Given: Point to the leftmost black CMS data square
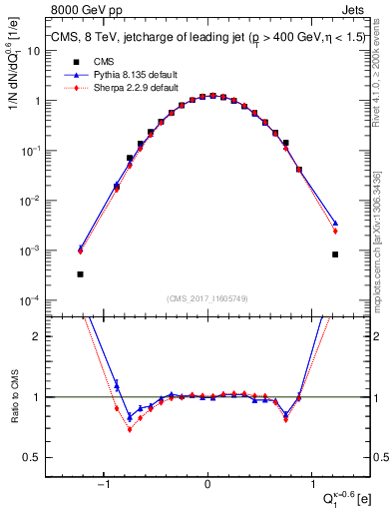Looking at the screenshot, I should coord(80,273).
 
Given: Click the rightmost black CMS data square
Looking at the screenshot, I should coord(335,255).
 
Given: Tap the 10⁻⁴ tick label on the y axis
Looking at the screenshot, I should coord(39,300).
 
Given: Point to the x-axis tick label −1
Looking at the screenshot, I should coord(103,486).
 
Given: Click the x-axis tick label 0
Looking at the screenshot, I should coord(207,486).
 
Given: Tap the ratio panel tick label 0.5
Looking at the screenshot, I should coord(41,457).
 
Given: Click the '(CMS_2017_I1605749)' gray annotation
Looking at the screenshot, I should coord(207,298).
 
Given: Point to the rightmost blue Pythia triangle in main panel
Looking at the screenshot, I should coord(335,223).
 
